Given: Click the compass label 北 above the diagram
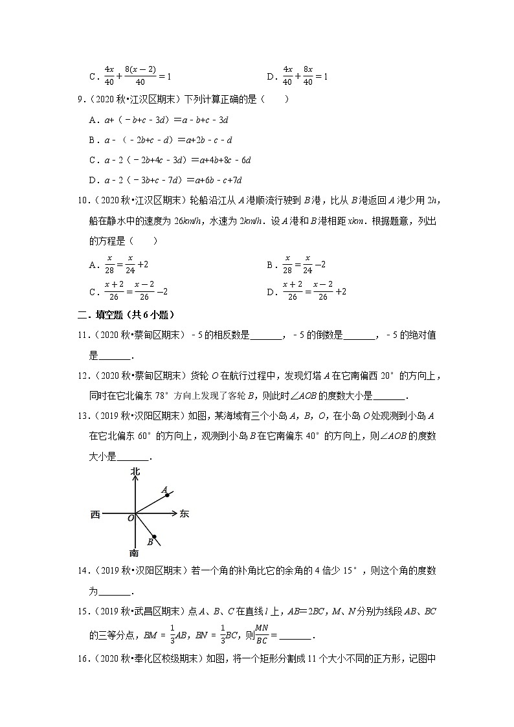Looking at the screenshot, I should click(135, 471).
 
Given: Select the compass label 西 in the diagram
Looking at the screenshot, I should click(95, 515).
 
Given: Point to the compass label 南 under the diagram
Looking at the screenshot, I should click(134, 553).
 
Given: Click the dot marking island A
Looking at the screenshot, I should click(167, 495).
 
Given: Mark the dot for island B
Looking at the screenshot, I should click(153, 536).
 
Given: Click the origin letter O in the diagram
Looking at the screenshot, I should click(130, 519).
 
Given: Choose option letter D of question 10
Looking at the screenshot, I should click(271, 292).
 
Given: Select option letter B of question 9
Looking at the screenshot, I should click(93, 140).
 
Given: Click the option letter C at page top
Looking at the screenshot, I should click(93, 76).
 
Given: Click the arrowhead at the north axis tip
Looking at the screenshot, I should click(135, 481).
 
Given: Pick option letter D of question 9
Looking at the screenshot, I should click(93, 180).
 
